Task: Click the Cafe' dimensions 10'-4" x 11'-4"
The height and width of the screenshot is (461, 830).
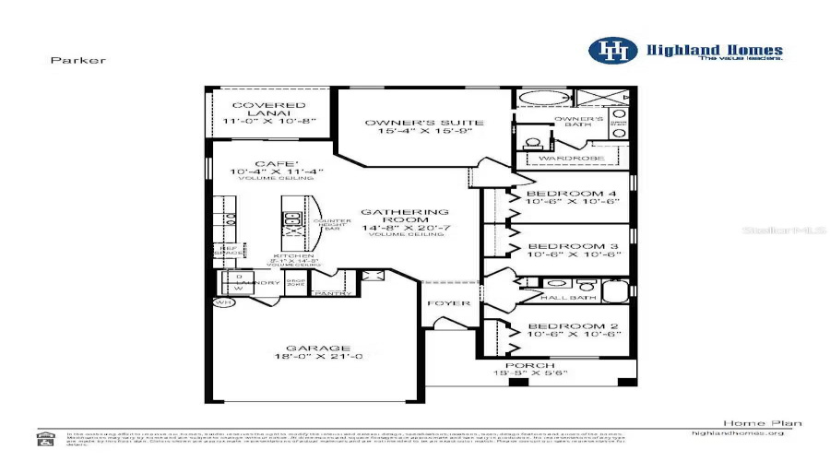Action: (x=268, y=171)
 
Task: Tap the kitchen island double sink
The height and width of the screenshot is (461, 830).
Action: (x=293, y=219)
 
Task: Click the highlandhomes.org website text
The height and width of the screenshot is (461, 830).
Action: (x=738, y=432)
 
